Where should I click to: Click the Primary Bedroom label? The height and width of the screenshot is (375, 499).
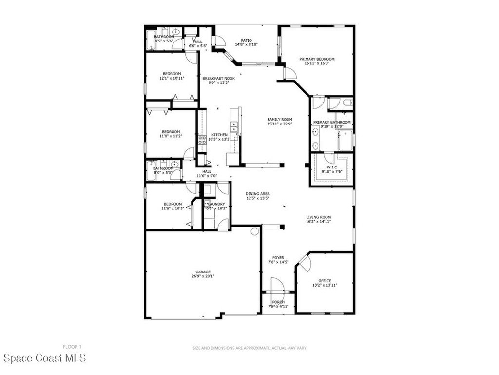click(x=317, y=59)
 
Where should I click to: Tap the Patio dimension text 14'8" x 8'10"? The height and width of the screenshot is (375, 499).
click(x=246, y=44)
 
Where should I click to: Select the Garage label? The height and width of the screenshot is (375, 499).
click(x=203, y=272)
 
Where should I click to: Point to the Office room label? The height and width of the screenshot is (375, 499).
click(x=325, y=281)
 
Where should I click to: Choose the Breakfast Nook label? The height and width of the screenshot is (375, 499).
click(x=218, y=78)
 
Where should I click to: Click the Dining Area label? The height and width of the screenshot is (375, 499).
click(x=257, y=194)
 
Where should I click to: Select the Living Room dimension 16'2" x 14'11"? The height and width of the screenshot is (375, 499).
click(x=318, y=222)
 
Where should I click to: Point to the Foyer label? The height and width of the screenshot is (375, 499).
click(x=278, y=258)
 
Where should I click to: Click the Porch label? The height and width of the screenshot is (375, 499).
click(x=278, y=302)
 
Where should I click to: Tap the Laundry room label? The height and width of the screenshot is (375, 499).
click(x=216, y=204)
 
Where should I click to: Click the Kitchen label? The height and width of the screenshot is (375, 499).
click(x=219, y=135)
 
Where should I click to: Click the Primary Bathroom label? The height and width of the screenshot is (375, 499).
click(x=331, y=122)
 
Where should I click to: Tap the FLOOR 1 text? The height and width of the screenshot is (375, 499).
click(x=72, y=347)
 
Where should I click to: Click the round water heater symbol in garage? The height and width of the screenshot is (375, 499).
click(x=254, y=231)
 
